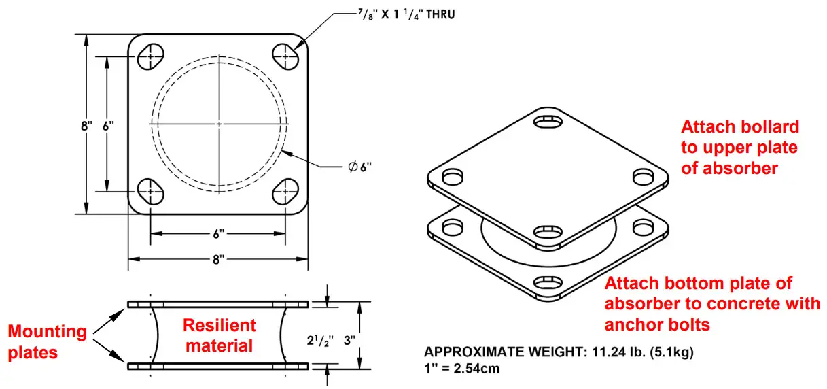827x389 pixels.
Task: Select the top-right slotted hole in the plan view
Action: tap(287, 56)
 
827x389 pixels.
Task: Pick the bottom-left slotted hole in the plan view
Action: tap(152, 192)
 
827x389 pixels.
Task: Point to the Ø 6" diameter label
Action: tap(359, 167)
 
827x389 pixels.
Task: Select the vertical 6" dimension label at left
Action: tap(107, 126)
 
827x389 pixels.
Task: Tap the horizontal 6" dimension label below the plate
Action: tap(218, 233)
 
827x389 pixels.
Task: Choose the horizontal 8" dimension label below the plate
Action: tap(218, 259)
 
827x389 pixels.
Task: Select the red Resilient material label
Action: tap(219, 335)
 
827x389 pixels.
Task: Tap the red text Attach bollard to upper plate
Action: tap(739, 147)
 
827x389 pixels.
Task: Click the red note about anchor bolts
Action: tap(711, 304)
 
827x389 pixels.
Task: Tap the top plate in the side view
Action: tap(218, 303)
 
